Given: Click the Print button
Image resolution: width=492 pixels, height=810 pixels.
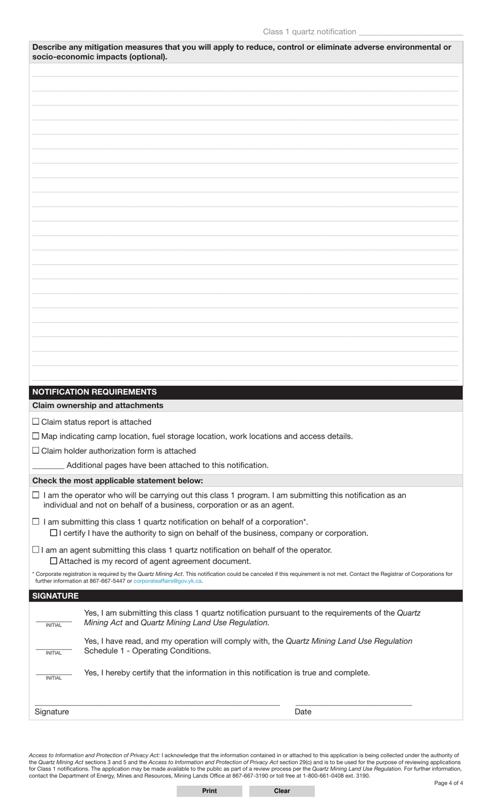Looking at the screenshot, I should (x=209, y=791).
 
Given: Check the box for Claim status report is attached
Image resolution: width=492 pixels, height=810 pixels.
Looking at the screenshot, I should (x=36, y=422).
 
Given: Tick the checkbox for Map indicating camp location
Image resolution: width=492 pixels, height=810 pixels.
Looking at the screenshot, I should (x=36, y=436).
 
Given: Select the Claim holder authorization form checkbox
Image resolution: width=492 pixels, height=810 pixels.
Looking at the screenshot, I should (x=36, y=451).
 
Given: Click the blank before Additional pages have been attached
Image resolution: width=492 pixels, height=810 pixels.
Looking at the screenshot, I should (x=48, y=466).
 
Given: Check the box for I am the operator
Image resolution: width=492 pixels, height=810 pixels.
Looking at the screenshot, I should (x=36, y=495).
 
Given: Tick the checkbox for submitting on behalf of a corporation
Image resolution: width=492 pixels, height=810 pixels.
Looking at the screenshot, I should (x=36, y=522).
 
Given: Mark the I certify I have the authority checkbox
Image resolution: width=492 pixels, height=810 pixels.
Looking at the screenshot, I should (x=53, y=533).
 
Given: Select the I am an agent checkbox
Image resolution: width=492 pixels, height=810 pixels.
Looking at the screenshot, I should (x=36, y=549).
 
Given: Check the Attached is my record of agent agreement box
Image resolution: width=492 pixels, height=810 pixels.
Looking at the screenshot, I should (x=53, y=561).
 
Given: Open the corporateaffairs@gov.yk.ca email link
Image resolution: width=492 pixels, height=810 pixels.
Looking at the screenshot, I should (x=167, y=581).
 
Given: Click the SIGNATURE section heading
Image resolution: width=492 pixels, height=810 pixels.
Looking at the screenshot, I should (x=55, y=596).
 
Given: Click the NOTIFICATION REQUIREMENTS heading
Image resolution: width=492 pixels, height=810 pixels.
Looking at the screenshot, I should (x=94, y=392).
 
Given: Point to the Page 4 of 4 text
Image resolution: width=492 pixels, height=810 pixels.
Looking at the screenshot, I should (x=448, y=783).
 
